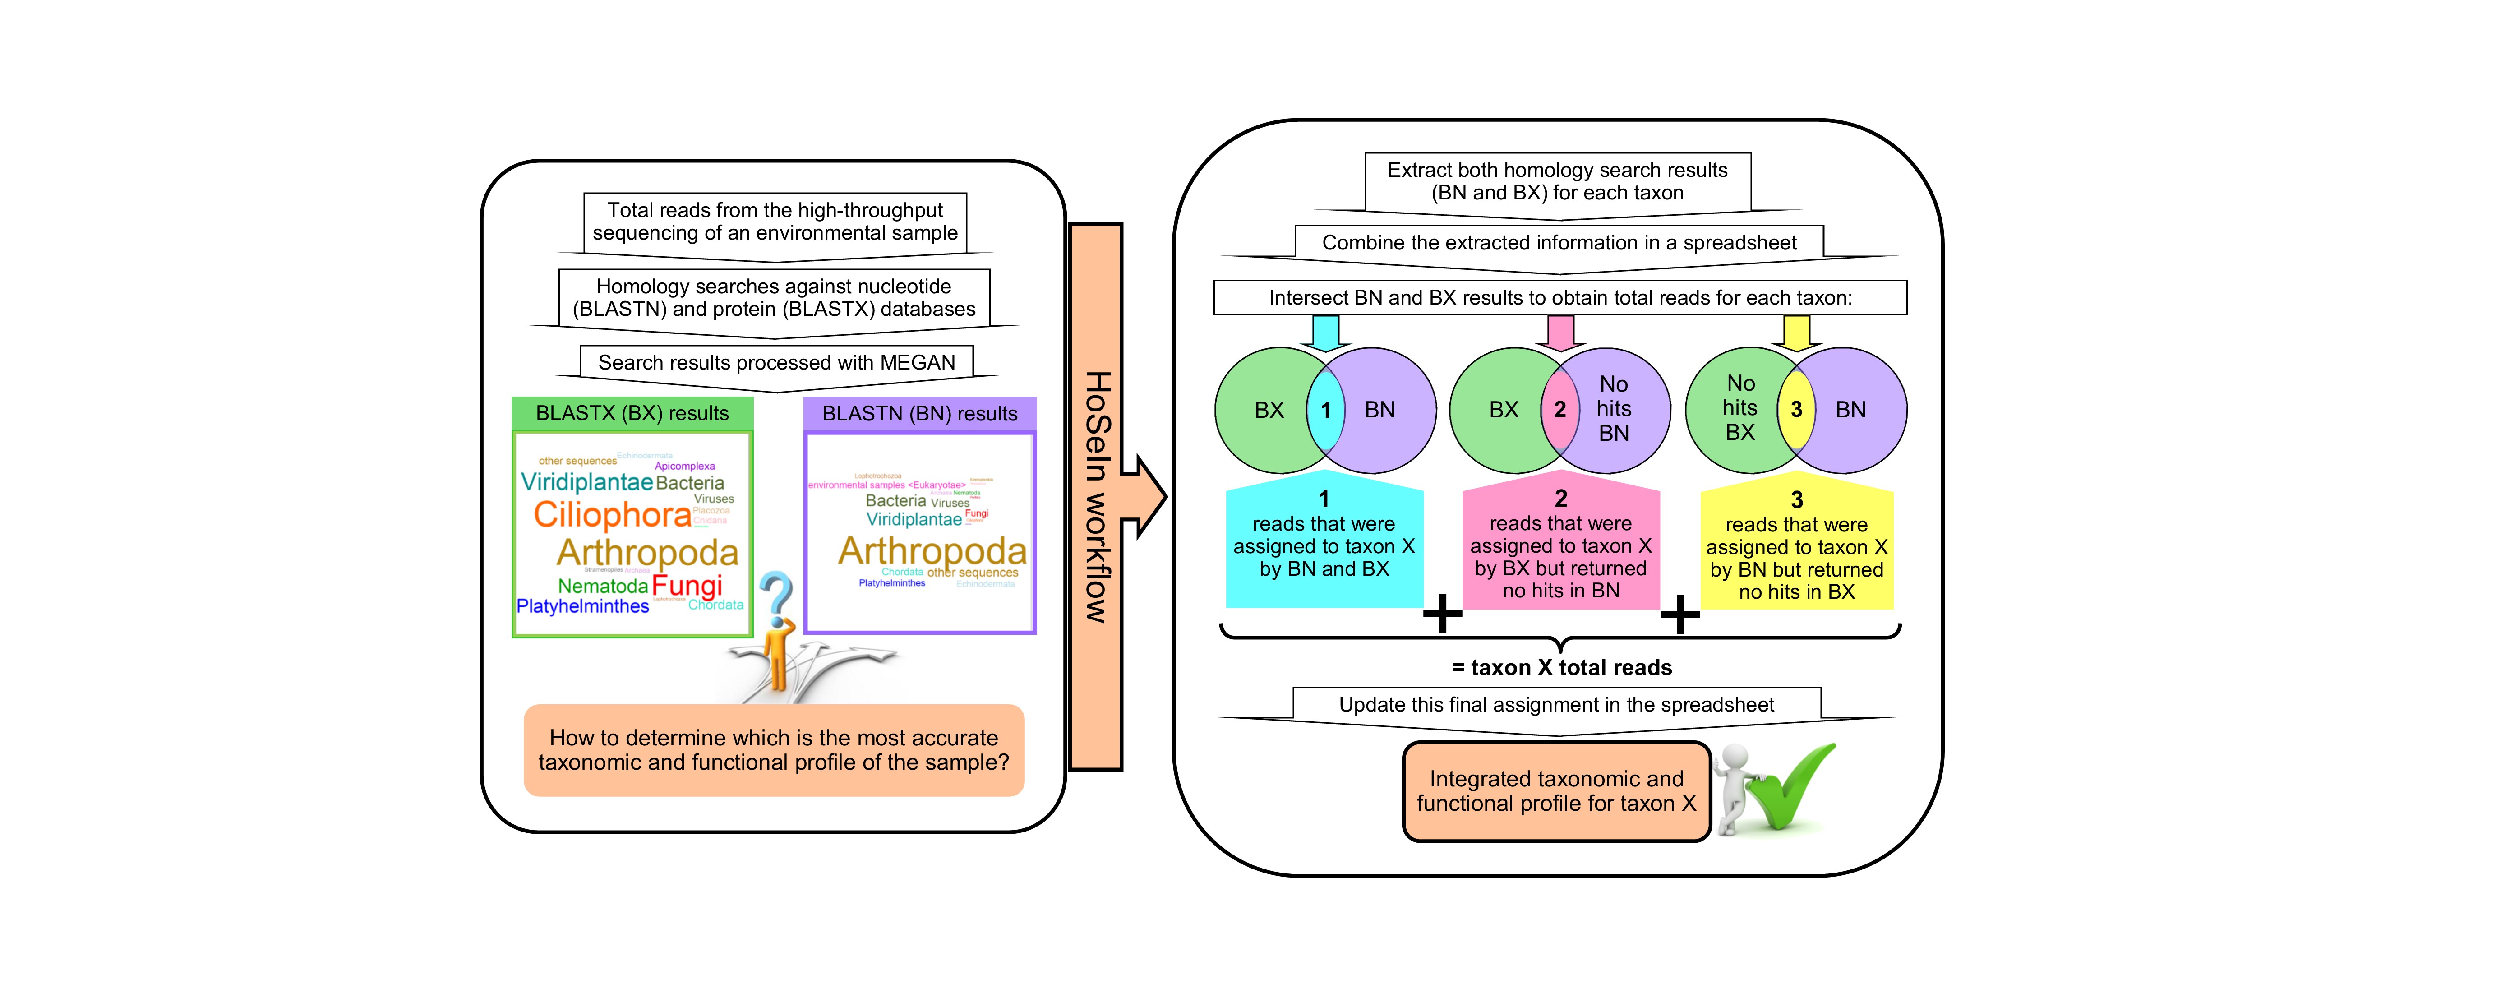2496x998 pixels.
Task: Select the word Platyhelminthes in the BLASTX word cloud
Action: click(x=582, y=606)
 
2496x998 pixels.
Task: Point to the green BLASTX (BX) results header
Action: click(x=632, y=414)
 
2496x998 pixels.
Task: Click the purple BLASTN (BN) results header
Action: click(x=919, y=414)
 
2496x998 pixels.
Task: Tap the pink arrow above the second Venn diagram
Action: click(x=1560, y=333)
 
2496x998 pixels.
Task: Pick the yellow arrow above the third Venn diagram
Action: click(x=1796, y=333)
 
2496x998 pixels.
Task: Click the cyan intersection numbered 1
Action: click(x=1325, y=410)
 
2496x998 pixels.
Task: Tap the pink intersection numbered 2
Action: click(x=1560, y=410)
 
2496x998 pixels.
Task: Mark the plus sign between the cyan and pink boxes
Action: click(x=1443, y=613)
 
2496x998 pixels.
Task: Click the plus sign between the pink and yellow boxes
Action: click(x=1680, y=613)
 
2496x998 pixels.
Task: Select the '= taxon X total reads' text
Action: click(x=1561, y=668)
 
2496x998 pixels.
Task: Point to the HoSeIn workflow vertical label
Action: click(x=1096, y=496)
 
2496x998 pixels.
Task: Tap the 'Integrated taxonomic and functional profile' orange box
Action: click(x=1556, y=792)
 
